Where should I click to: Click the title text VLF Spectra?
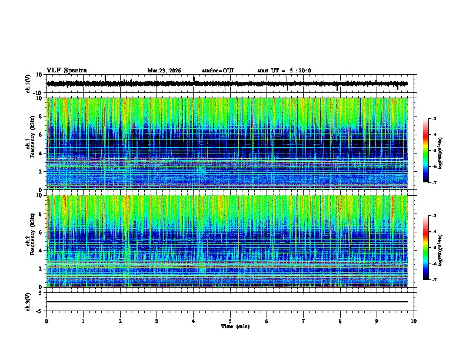pyautogui.click(x=66, y=71)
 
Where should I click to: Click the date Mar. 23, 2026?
pyautogui.click(x=164, y=71)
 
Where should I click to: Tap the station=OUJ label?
pyautogui.click(x=218, y=71)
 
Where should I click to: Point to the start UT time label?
pyautogui.click(x=284, y=71)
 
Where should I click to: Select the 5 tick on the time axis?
pyautogui.click(x=230, y=321)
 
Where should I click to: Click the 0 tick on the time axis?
pyautogui.click(x=46, y=321)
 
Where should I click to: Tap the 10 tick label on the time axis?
pyautogui.click(x=414, y=321)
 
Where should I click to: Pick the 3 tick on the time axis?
pyautogui.click(x=157, y=321)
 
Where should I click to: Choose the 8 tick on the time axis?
pyautogui.click(x=340, y=321)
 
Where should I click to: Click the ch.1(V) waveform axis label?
pyautogui.click(x=28, y=84)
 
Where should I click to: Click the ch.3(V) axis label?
pyautogui.click(x=28, y=301)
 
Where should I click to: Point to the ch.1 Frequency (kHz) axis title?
pyautogui.click(x=29, y=144)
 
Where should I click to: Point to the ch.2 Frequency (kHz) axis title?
pyautogui.click(x=29, y=241)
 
